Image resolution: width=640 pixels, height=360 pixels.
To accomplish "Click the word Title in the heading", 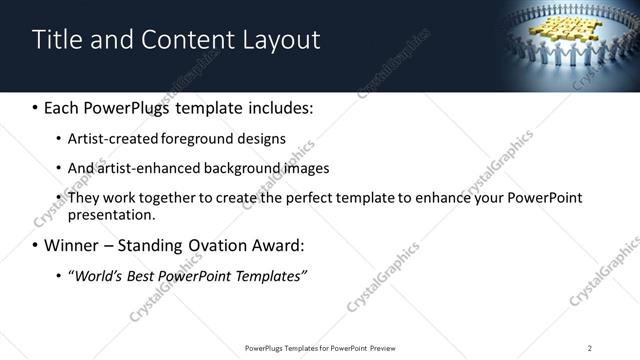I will [57, 39].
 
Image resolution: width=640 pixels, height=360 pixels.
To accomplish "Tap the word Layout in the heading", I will [277, 39].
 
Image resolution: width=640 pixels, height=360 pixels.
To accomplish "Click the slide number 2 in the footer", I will [590, 348].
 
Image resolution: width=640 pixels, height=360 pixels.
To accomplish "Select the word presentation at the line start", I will [111, 215].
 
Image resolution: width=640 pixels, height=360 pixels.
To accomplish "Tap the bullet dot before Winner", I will [36, 246].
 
